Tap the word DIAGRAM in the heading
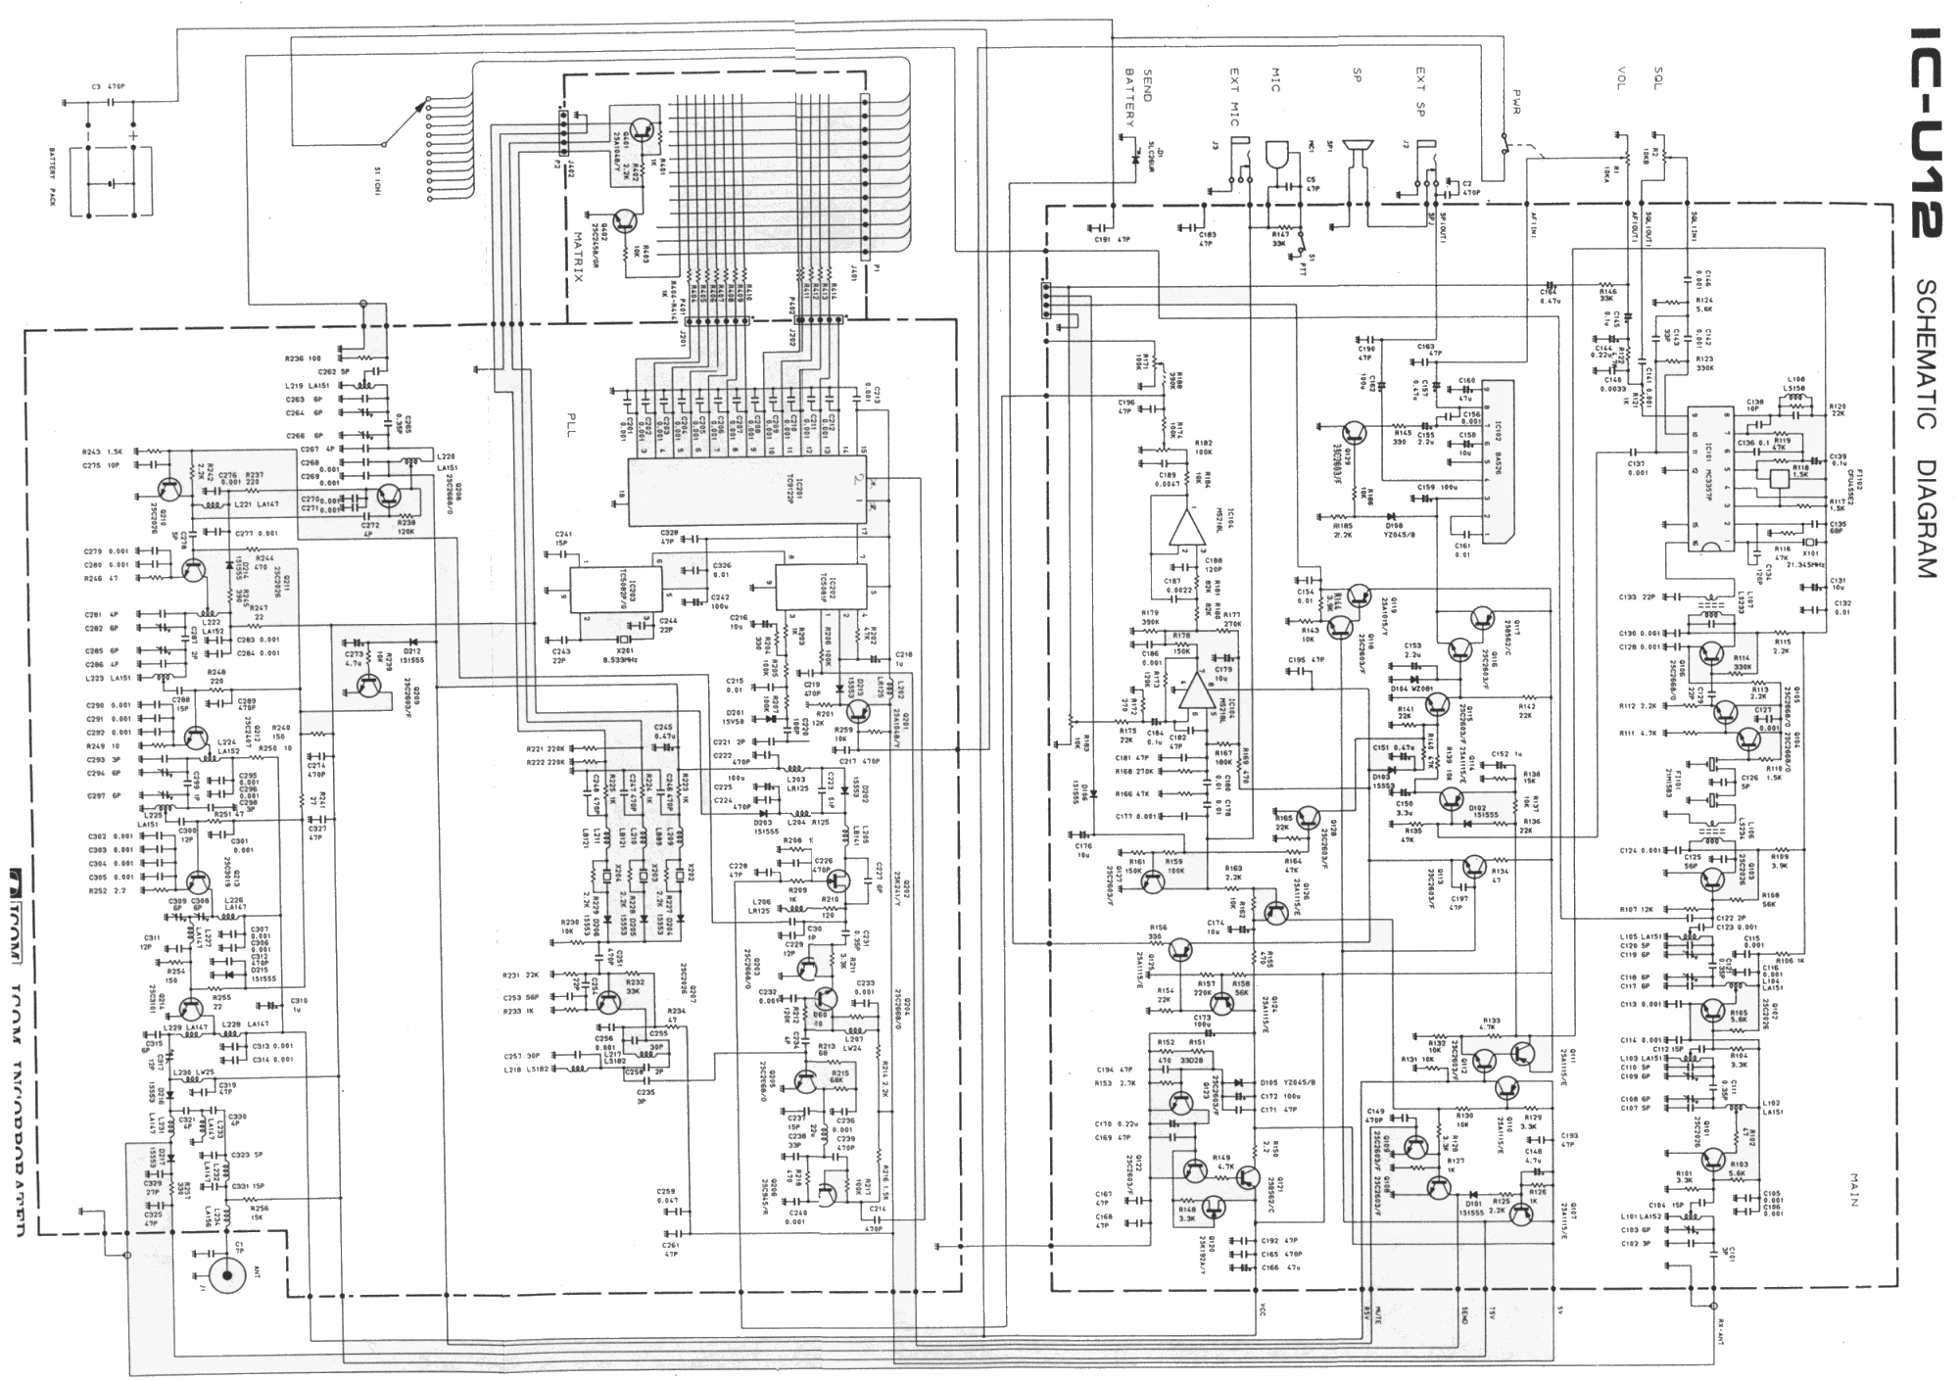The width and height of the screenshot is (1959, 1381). pos(1922,519)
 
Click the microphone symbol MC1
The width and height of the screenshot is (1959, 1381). pos(1276,157)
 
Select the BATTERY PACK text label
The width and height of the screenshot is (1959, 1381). pos(55,176)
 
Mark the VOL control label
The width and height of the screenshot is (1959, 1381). pos(1621,79)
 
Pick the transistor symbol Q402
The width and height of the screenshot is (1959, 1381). pos(625,222)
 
